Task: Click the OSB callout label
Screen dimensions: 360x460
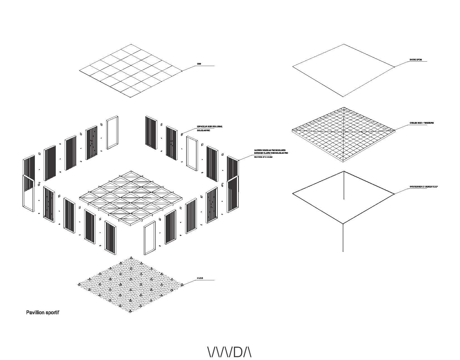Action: [x=199, y=64]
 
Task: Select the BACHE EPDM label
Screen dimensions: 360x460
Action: [x=416, y=60]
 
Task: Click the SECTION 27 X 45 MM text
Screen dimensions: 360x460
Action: [x=263, y=157]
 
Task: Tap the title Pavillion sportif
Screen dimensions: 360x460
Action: [x=43, y=313]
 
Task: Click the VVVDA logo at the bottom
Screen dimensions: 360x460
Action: [x=230, y=352]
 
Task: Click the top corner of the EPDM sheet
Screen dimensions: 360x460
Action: [x=344, y=44]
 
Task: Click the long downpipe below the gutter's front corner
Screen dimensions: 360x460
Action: [x=343, y=237]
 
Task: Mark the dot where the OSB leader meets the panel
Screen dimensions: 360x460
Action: [x=182, y=71]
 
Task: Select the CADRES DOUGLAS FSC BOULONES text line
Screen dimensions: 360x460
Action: [x=270, y=150]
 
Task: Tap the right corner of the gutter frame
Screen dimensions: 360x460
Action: [x=394, y=194]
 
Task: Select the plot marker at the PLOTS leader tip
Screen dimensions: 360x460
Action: [x=182, y=284]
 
